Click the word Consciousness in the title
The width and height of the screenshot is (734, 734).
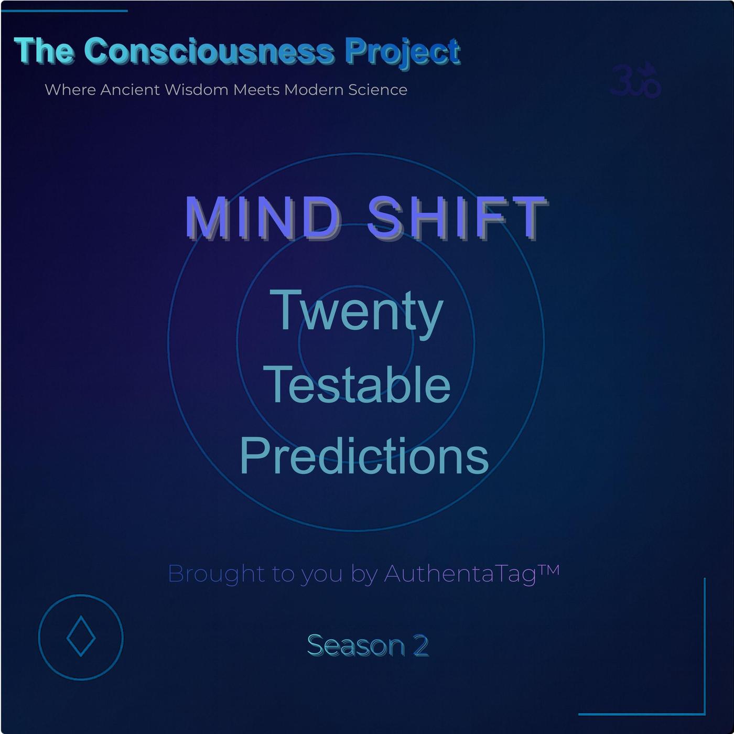[x=209, y=51]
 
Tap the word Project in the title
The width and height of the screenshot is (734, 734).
[x=403, y=53]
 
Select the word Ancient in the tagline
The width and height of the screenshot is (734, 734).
[x=130, y=90]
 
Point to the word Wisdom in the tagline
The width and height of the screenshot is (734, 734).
[x=197, y=90]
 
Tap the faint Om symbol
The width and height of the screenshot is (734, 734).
[x=635, y=80]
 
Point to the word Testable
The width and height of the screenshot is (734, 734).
[x=357, y=384]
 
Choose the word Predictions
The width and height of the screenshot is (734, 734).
[x=364, y=456]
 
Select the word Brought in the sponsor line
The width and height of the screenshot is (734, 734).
[x=217, y=574]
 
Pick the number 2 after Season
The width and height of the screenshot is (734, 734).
[x=420, y=645]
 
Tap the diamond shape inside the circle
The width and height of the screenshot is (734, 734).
[x=81, y=636]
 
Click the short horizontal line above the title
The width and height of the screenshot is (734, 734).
[x=64, y=10]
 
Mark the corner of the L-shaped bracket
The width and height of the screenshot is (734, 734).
[x=705, y=714]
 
